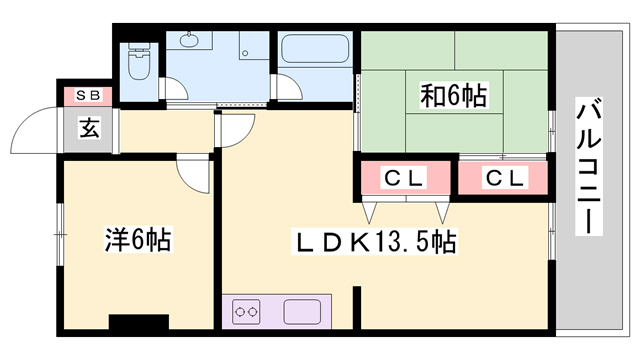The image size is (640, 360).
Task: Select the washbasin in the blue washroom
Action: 189,43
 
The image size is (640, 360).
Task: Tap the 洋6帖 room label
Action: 138,240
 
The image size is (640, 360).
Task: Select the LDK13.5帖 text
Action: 374,241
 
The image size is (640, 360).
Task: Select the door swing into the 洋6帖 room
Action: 194,172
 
